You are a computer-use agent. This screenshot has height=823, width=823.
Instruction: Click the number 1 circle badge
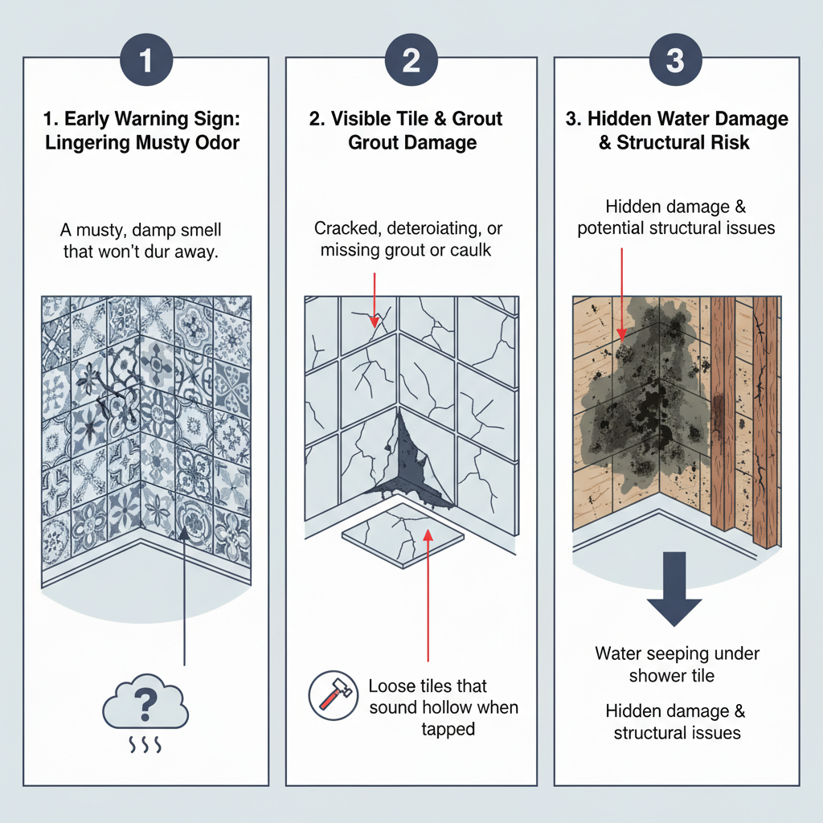tap(145, 59)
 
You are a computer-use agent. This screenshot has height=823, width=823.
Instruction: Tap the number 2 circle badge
tap(411, 59)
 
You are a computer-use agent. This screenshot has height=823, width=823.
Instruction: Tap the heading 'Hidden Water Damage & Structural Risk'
tap(677, 131)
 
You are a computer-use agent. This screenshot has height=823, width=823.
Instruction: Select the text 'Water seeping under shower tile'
tap(677, 664)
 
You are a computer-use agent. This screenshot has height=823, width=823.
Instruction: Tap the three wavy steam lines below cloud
tap(145, 747)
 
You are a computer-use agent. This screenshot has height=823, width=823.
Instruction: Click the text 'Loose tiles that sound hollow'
tap(443, 697)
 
